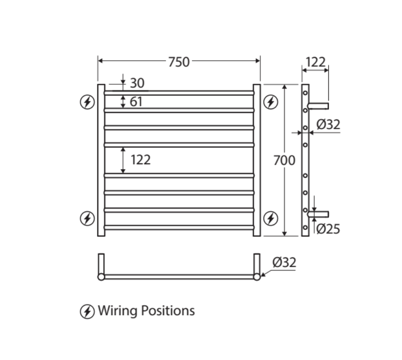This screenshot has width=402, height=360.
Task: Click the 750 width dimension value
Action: pyautogui.click(x=179, y=62)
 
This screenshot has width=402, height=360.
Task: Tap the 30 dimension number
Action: pyautogui.click(x=137, y=83)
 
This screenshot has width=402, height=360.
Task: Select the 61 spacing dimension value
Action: pyautogui.click(x=136, y=101)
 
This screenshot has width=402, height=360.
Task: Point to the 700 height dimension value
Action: pyautogui.click(x=284, y=161)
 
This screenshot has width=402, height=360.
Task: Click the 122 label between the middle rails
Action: pyautogui.click(x=140, y=160)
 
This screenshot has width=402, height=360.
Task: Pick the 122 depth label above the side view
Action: pyautogui.click(x=315, y=62)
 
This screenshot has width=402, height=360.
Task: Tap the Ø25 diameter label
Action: pyautogui.click(x=328, y=229)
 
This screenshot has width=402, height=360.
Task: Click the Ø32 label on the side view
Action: pyautogui.click(x=328, y=124)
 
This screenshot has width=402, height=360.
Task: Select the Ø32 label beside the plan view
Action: pyautogui.click(x=284, y=262)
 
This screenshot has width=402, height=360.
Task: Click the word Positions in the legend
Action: pyautogui.click(x=167, y=311)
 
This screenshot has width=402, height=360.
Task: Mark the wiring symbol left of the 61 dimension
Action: pyautogui.click(x=87, y=102)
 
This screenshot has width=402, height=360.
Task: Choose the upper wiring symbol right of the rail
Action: pyautogui.click(x=270, y=102)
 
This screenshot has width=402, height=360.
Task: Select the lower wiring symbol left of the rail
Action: pyautogui.click(x=87, y=218)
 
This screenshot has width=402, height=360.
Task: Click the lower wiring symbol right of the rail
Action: pyautogui.click(x=270, y=218)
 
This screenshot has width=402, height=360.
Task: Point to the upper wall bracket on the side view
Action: pyautogui.click(x=319, y=106)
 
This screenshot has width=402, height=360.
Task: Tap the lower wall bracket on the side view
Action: pyautogui.click(x=319, y=214)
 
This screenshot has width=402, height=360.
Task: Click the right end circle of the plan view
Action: pyautogui.click(x=257, y=277)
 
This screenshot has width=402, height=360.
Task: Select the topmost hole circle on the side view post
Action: pyautogui.click(x=305, y=93)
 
